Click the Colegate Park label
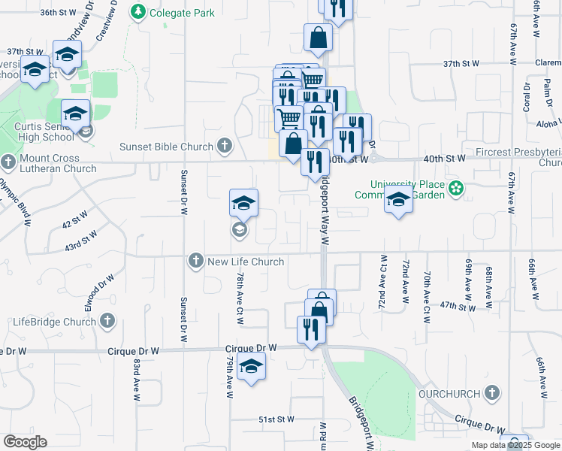[x=182, y=13]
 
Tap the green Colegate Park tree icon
[x=138, y=12]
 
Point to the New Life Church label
[x=246, y=262]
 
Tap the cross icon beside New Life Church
[x=196, y=261]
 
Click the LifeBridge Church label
[x=51, y=322]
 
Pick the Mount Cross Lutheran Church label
[x=58, y=164]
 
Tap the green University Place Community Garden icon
[x=455, y=188]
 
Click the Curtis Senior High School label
[x=44, y=132]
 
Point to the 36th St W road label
[x=59, y=13]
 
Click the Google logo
[x=25, y=442]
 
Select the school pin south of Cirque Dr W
[x=251, y=367]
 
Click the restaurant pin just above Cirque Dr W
[x=310, y=328]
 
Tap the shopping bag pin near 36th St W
[x=318, y=37]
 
